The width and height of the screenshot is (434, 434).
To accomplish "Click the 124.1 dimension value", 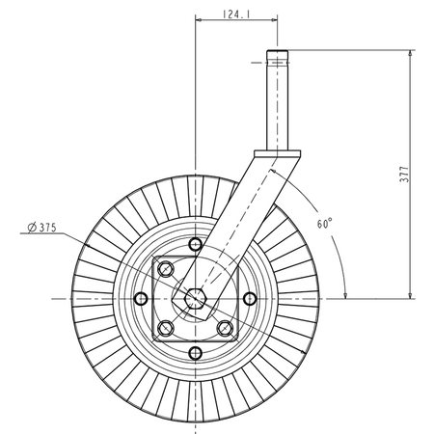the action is (236, 14).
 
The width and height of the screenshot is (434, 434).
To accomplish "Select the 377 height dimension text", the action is (404, 175).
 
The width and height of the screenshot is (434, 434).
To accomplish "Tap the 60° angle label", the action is (324, 224).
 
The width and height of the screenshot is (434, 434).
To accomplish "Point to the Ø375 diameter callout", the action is (41, 228).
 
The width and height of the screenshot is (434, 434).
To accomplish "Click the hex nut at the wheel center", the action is (195, 299).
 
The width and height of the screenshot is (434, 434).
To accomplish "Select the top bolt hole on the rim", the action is (195, 245).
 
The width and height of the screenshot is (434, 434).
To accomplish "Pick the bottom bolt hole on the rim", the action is (195, 353).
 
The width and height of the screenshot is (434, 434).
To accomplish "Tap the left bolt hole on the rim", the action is (141, 299).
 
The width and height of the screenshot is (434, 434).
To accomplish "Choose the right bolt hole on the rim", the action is (250, 299).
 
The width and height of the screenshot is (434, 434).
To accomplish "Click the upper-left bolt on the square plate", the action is (166, 269).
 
